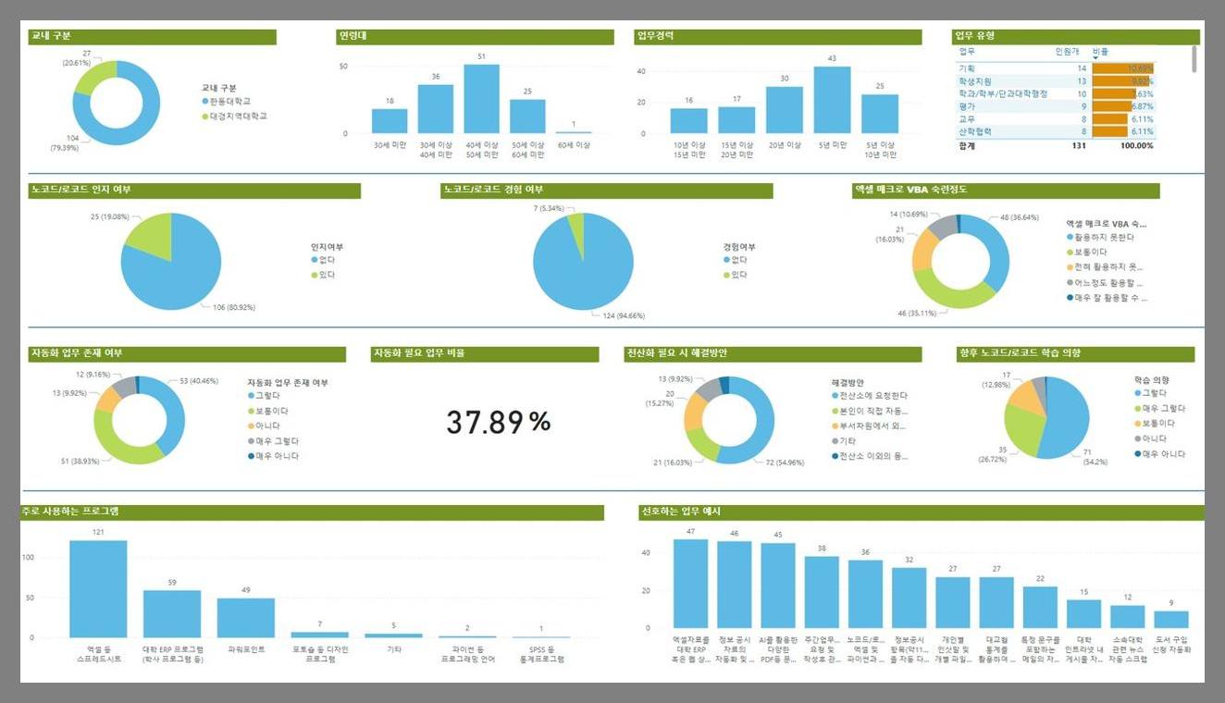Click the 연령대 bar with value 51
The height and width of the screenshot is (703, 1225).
(481, 99)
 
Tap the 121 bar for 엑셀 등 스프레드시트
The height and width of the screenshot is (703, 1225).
(98, 589)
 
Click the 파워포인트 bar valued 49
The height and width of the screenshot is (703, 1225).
(245, 618)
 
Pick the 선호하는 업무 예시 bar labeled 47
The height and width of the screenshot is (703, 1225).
(690, 584)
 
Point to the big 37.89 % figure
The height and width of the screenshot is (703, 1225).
(499, 422)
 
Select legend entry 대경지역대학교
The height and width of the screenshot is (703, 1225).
(238, 116)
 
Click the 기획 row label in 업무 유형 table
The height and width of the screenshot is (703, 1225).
(968, 68)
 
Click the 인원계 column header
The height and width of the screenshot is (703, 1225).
(1067, 52)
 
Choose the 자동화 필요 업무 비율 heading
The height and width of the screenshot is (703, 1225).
(418, 353)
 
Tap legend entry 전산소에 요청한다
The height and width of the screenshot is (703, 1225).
(874, 396)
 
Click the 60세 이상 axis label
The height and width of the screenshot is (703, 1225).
(573, 145)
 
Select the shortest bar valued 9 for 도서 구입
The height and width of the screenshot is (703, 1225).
(1171, 620)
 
